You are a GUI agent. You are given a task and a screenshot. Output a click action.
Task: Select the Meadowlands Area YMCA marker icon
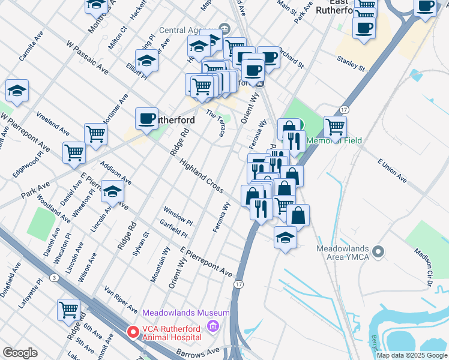pyautogui.click(x=378, y=250)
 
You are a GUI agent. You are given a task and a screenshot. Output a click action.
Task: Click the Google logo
pyautogui.click(x=20, y=353)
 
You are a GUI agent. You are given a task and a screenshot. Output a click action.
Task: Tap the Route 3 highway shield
pyautogui.click(x=55, y=277)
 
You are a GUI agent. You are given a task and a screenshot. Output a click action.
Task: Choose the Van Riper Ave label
pyautogui.click(x=121, y=299)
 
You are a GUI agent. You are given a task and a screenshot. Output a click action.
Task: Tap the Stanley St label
pyautogui.click(x=351, y=62)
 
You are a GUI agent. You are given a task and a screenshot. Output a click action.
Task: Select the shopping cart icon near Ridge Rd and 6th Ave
pyautogui.click(x=69, y=310)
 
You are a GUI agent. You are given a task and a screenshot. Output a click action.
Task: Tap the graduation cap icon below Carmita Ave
pyautogui.click(x=17, y=91)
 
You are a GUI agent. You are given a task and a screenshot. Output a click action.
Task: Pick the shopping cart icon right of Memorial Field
pyautogui.click(x=336, y=126)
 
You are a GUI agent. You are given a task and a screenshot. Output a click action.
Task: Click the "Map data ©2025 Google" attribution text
pyautogui.click(x=411, y=355)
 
